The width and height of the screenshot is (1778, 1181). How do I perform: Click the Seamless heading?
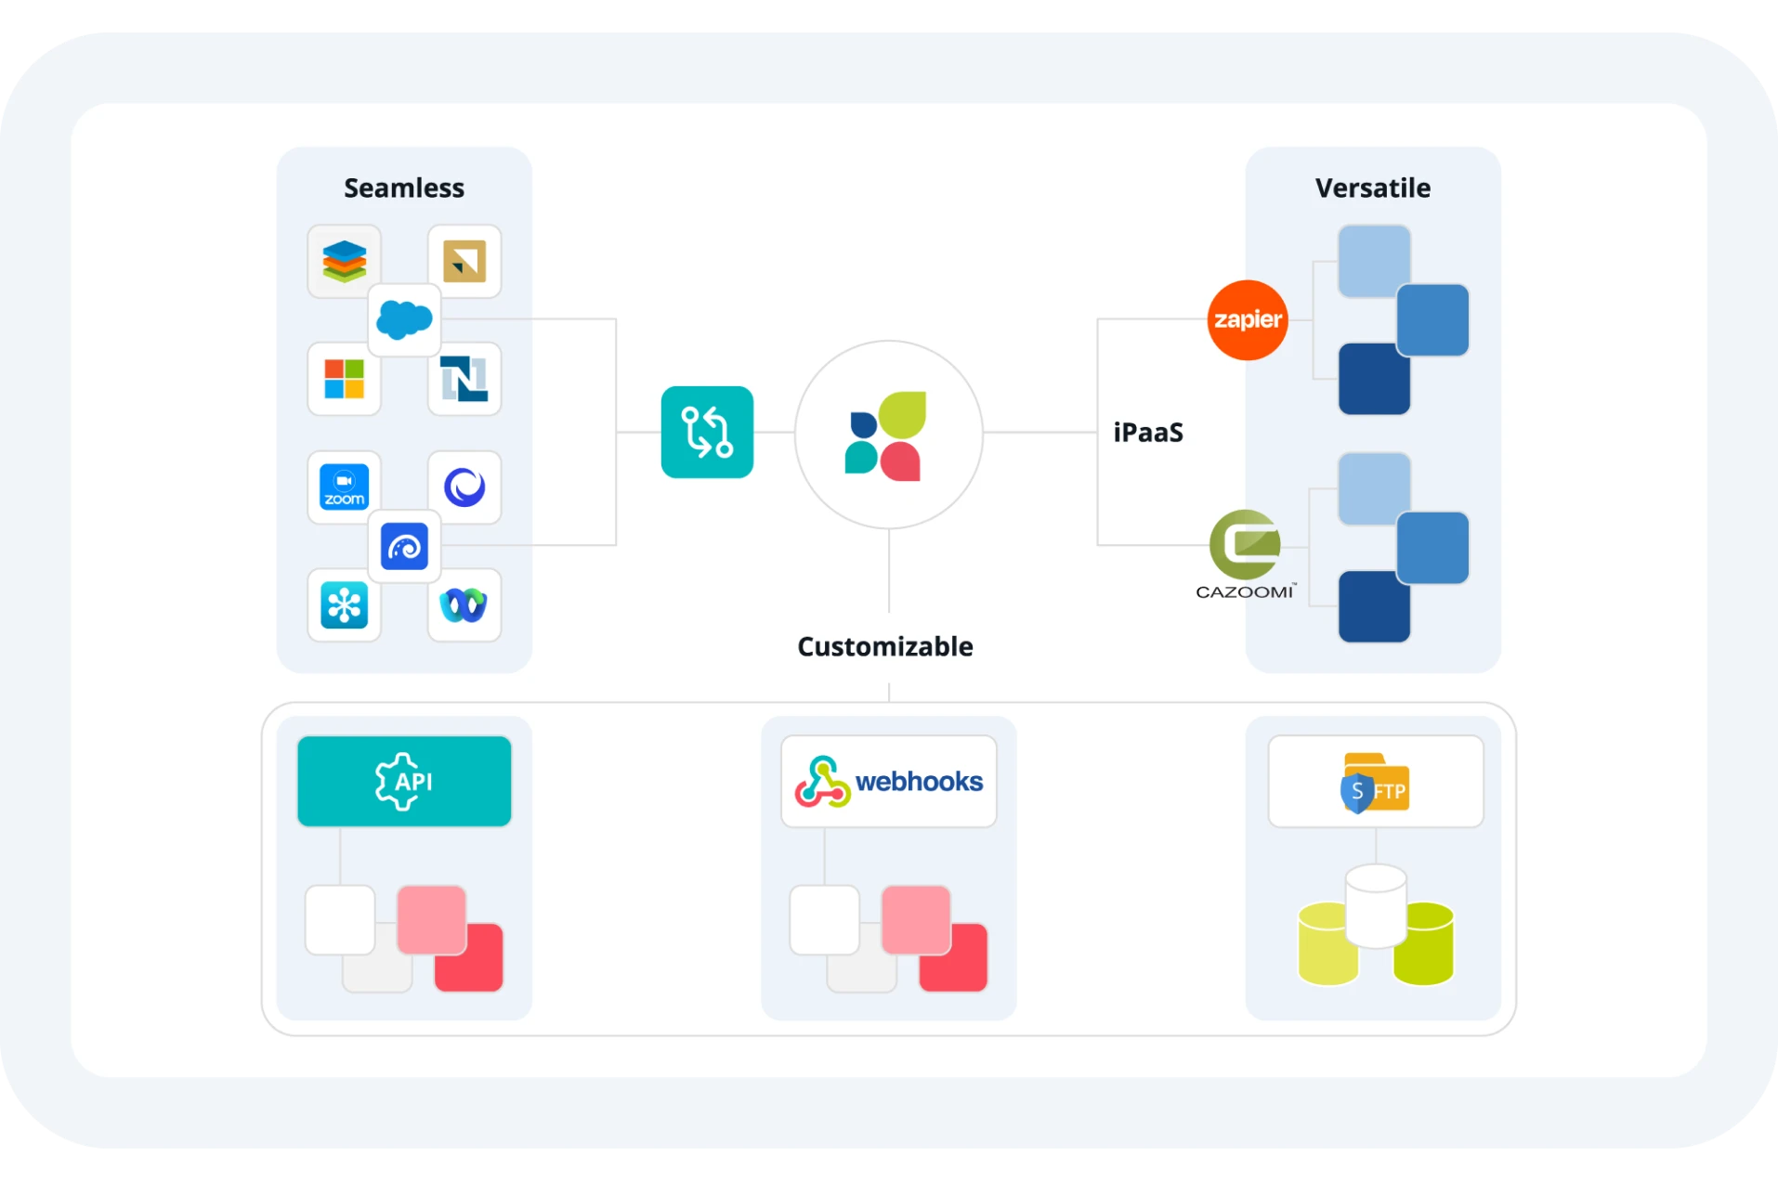click(404, 188)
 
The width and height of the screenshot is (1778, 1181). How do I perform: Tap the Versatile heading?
click(1372, 188)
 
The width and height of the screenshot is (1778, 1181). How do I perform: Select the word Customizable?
click(884, 646)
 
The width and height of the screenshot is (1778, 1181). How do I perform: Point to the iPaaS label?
click(1148, 433)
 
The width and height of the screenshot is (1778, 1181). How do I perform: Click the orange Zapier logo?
click(1247, 320)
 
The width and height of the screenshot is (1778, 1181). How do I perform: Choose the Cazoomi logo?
click(1245, 554)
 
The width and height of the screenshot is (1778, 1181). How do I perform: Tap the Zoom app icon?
click(344, 487)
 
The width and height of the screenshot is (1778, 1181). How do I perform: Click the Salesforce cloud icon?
click(404, 320)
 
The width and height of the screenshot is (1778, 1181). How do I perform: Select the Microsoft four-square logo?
click(344, 379)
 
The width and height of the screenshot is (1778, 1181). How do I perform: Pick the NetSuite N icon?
click(464, 379)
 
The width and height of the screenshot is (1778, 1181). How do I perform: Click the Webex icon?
click(464, 605)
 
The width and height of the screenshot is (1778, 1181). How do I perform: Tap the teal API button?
click(404, 782)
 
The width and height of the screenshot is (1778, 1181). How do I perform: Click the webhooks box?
click(888, 782)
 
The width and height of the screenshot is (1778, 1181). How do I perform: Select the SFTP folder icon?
click(1375, 782)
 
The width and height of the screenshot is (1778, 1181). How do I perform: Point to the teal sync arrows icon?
click(707, 433)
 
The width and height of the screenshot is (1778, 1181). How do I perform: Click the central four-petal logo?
click(888, 435)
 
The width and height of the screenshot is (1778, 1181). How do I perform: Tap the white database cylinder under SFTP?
click(1375, 905)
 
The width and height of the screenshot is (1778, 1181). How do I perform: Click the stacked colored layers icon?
click(344, 261)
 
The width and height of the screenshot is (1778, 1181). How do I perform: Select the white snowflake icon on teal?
click(344, 605)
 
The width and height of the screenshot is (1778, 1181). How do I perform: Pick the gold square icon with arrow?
click(464, 261)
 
